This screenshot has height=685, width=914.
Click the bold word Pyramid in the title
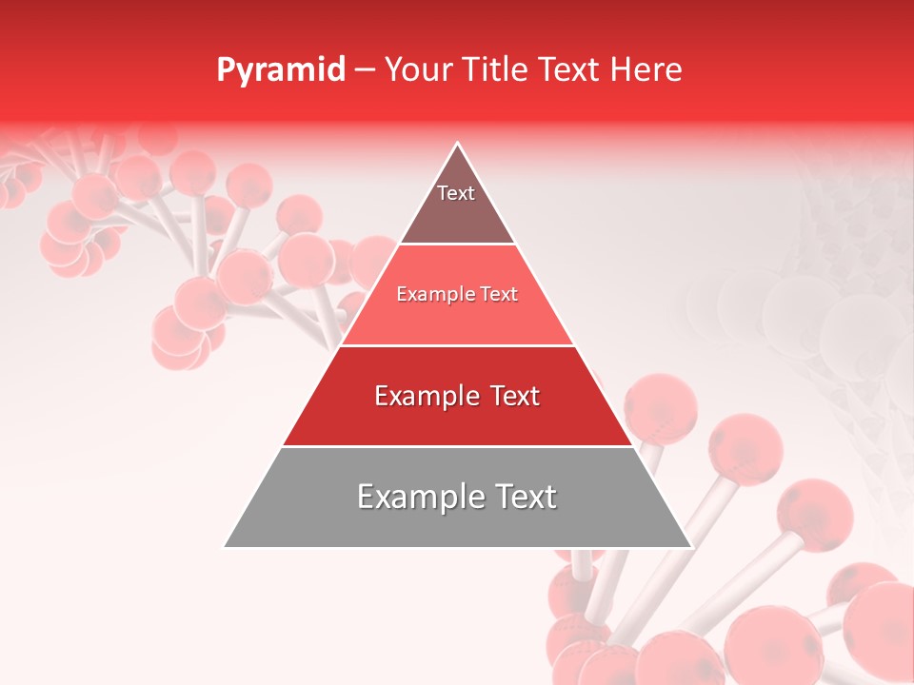point(280,69)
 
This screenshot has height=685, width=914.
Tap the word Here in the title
point(646,69)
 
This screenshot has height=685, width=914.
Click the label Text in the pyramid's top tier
point(456,193)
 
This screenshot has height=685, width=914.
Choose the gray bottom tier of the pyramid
point(457,523)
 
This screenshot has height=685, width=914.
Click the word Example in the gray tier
point(415,497)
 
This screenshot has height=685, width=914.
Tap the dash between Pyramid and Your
point(364,69)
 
